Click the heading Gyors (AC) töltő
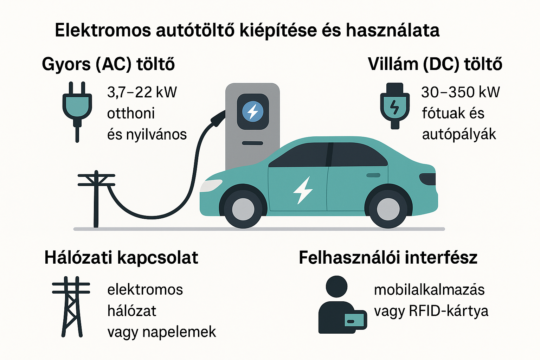[108, 64]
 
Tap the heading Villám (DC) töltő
[435, 64]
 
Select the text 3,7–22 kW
[142, 92]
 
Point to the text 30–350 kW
[460, 92]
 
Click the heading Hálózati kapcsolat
[121, 258]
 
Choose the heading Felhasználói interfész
[388, 258]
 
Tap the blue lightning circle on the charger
[253, 111]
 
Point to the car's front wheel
[243, 209]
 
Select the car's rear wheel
[388, 209]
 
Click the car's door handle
[373, 175]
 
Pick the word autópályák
[459, 134]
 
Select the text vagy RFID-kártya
[431, 311]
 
